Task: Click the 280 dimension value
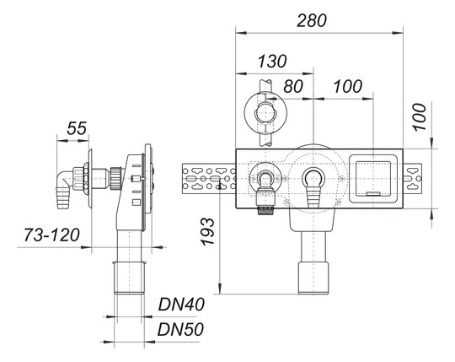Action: tap(312, 20)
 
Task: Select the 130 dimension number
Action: tap(272, 62)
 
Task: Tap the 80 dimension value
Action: tap(293, 86)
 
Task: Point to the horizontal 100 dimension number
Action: tap(348, 86)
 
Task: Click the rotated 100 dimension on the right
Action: tap(420, 116)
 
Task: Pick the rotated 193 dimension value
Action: tap(208, 231)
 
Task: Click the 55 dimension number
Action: tap(77, 128)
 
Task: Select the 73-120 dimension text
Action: tap(51, 235)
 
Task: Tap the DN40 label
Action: tap(181, 305)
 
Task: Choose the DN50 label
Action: tap(180, 329)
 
